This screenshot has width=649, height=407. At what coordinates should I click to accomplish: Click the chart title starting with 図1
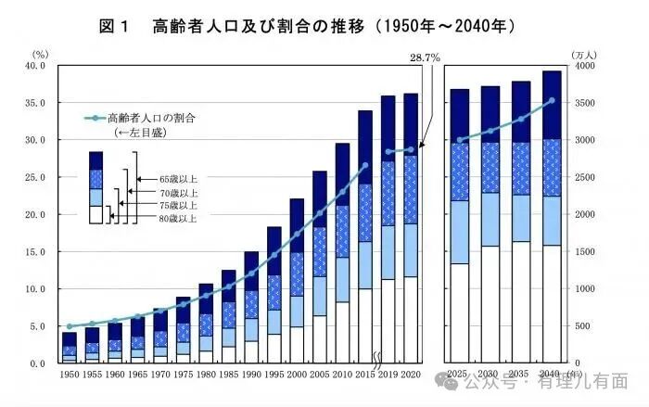306,26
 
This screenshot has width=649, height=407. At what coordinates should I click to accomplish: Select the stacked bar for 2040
552,217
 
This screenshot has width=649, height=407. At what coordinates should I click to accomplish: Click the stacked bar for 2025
460,226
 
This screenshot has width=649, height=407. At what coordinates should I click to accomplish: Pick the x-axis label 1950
69,374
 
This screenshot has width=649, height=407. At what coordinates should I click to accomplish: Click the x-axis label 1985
229,374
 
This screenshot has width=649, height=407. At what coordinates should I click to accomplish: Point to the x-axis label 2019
388,374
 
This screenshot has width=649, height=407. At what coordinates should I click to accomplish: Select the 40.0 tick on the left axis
34,67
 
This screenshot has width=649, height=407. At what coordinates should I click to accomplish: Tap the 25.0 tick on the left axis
34,178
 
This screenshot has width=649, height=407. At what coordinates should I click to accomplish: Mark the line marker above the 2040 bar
552,101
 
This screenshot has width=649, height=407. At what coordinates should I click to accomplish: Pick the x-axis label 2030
490,374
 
